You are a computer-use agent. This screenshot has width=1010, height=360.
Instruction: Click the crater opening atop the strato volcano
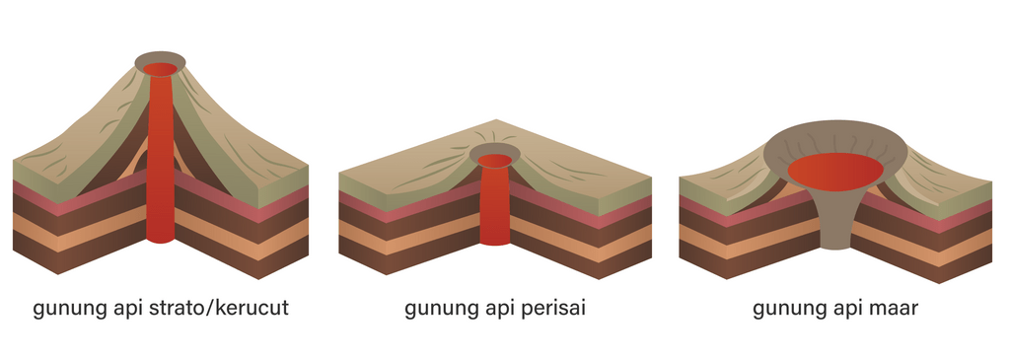160,67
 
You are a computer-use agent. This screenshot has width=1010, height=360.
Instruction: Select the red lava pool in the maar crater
835,172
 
